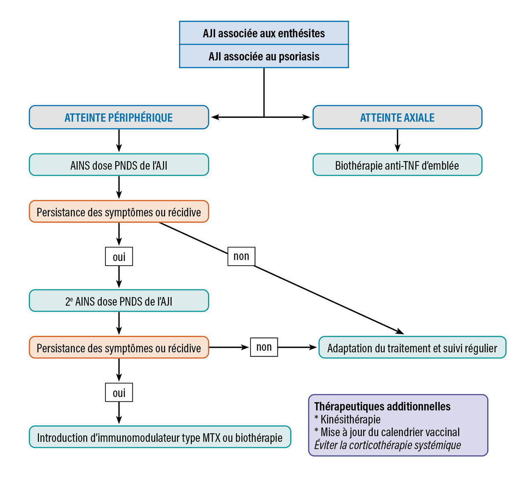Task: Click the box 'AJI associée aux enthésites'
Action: pos(264,33)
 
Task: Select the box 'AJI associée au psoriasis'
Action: pos(264,56)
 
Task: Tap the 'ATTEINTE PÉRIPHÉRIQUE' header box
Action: pos(119,117)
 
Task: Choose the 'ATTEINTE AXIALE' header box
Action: pos(397,117)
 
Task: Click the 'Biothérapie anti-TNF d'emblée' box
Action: pos(397,165)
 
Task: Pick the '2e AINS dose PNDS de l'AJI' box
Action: pos(119,301)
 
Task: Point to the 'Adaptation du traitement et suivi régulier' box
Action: pos(412,348)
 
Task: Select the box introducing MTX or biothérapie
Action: pos(160,437)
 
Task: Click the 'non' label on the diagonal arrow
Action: pos(241,256)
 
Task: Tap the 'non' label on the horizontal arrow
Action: pos(264,347)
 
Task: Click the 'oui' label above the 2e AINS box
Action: pos(119,257)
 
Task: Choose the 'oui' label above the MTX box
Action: pos(119,392)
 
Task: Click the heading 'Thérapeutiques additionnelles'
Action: pos(382,406)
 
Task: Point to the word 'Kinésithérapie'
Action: pos(350,419)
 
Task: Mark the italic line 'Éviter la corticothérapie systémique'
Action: pos(387,445)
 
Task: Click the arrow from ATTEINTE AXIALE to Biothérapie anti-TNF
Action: pos(398,141)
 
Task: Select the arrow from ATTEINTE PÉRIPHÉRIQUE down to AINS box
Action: pos(119,141)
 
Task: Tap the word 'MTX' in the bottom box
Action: pos(211,437)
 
